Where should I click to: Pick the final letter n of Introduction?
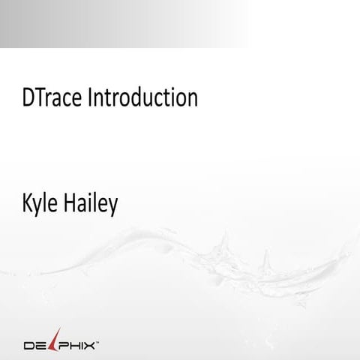pyautogui.click(x=192, y=100)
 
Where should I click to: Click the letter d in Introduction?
pyautogui.click(x=136, y=97)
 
